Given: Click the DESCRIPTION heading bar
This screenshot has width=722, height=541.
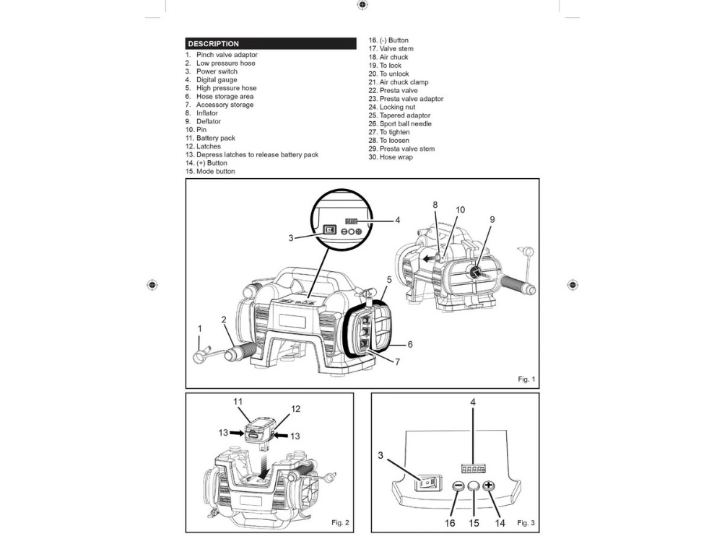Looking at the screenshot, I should (270, 43).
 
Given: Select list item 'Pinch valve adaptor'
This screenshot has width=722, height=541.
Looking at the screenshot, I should (226, 55).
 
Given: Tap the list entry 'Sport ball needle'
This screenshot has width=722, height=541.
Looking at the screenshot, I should (405, 124).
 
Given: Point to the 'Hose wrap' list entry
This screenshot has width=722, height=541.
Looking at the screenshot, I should (396, 157).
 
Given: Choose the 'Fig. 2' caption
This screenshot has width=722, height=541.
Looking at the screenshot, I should (340, 522).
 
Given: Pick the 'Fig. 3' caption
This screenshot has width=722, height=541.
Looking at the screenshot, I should (526, 522).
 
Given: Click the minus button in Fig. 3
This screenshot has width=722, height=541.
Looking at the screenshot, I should (458, 486).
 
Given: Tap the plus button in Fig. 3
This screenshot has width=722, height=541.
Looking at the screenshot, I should (489, 486).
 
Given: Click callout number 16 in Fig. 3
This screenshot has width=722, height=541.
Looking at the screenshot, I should (450, 523).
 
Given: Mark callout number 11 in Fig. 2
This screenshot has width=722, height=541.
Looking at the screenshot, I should (238, 401).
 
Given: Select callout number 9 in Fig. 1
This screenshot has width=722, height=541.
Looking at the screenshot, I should (492, 219).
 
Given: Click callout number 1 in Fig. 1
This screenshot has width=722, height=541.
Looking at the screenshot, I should (200, 329).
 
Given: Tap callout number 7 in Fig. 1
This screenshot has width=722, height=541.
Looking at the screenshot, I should (397, 362).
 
